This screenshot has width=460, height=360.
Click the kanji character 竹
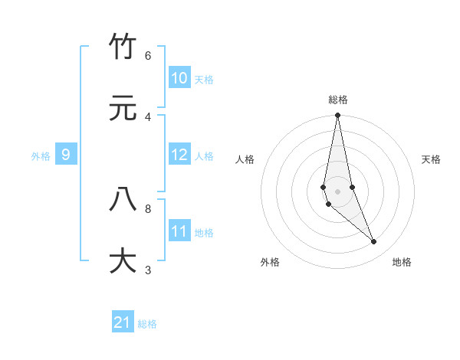tap(123, 47)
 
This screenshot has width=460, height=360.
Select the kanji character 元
tap(123, 109)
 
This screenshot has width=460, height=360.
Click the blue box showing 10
tap(179, 78)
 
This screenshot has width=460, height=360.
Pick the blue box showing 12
tap(179, 155)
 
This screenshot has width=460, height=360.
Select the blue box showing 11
tap(179, 231)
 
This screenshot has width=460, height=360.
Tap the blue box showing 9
tap(66, 155)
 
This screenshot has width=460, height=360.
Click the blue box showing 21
tap(123, 322)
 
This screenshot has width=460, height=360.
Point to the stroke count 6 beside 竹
tap(148, 56)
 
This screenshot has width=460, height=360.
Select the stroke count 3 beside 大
tap(148, 270)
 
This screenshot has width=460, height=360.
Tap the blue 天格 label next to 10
tap(204, 80)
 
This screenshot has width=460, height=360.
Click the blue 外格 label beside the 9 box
tap(41, 156)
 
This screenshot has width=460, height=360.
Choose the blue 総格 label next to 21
tap(147, 324)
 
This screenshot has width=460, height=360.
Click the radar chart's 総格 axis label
tap(338, 100)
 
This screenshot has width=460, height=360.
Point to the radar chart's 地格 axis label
tap(402, 263)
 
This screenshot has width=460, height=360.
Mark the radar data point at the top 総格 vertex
tap(338, 116)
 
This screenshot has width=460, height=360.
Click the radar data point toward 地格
tap(374, 242)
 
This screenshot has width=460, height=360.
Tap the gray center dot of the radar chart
tap(338, 191)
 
